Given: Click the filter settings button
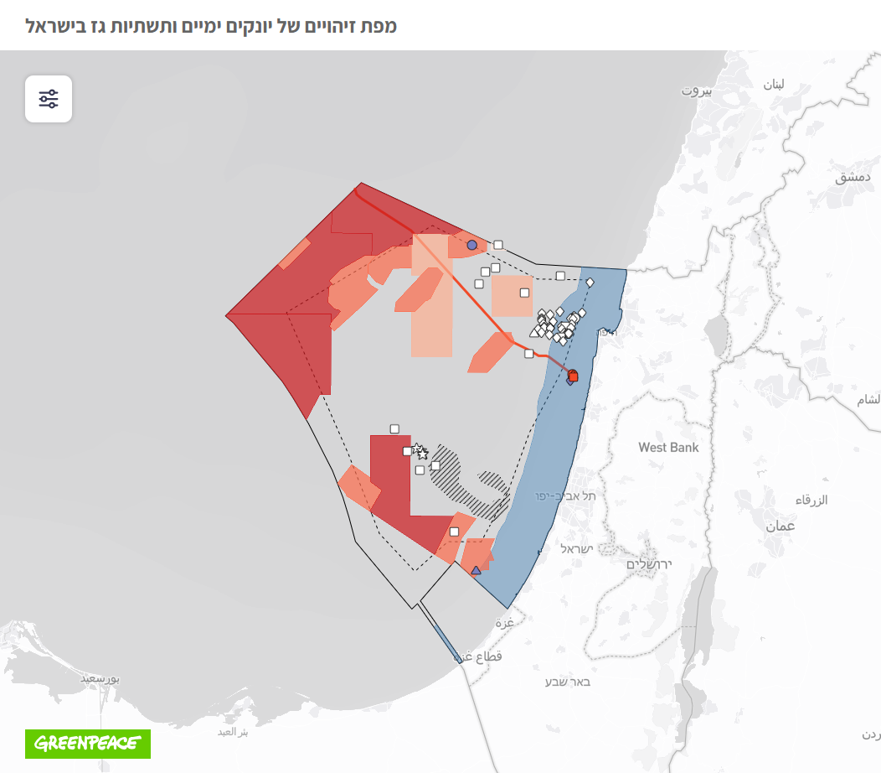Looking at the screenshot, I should click(49, 99).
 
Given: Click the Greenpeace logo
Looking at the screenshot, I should click(88, 743).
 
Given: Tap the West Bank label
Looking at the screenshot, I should click(668, 448).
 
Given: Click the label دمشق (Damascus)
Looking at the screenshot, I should click(853, 178).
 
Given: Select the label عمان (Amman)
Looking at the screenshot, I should click(780, 526).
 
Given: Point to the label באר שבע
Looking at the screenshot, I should click(568, 682).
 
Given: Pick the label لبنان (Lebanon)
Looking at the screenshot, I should click(773, 84).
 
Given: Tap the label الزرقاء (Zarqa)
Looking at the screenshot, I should click(811, 501).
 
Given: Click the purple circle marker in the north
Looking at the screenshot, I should click(471, 245).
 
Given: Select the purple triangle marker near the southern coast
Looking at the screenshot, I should click(476, 571).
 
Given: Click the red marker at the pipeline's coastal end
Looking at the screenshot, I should click(573, 376).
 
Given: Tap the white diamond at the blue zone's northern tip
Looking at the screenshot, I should click(590, 283).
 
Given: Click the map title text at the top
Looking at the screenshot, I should click(211, 25).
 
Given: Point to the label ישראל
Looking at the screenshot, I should click(577, 549).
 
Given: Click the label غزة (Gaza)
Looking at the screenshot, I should click(504, 623).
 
